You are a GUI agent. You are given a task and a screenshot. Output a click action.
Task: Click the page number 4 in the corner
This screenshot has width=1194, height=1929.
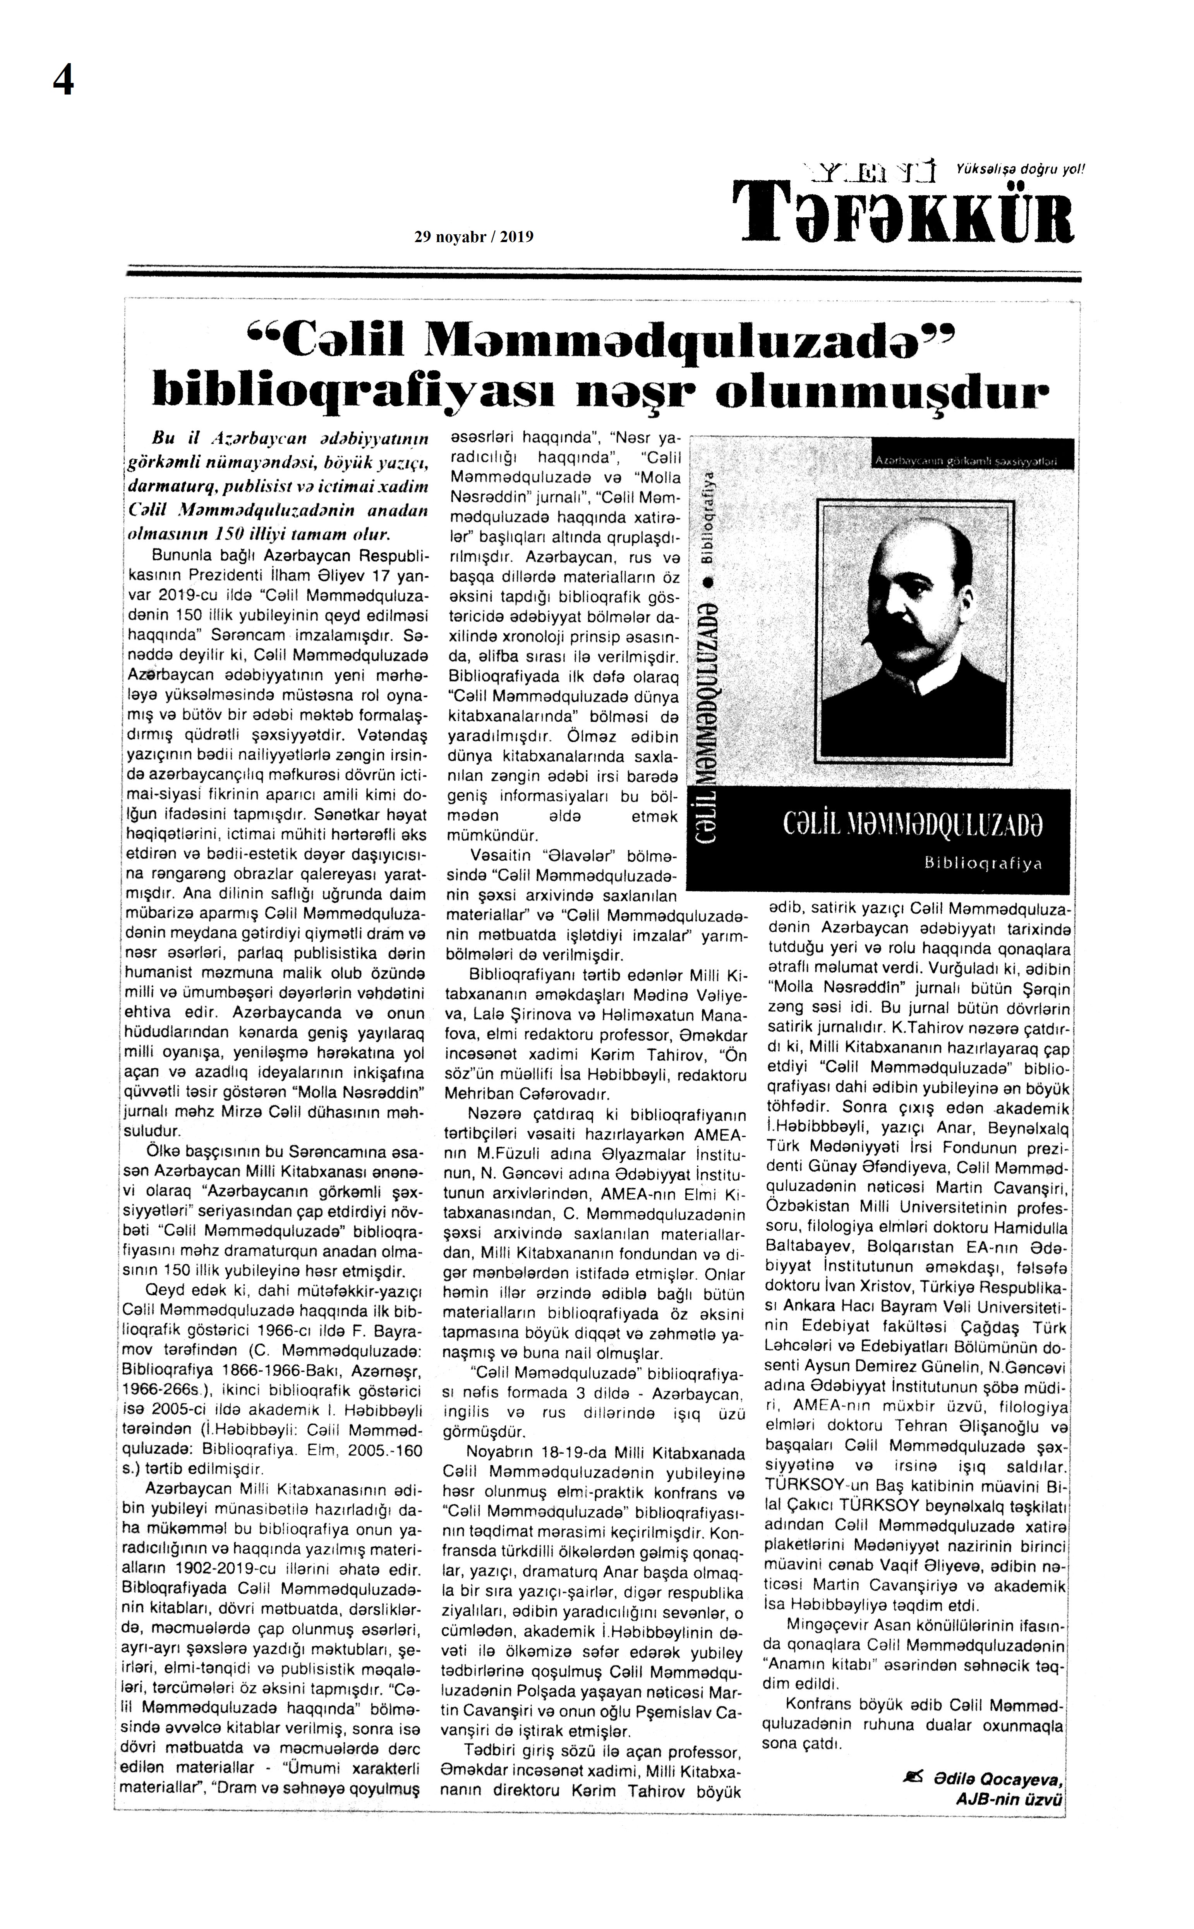63,80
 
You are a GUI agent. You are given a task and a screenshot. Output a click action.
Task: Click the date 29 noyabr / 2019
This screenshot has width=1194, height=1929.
474,236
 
